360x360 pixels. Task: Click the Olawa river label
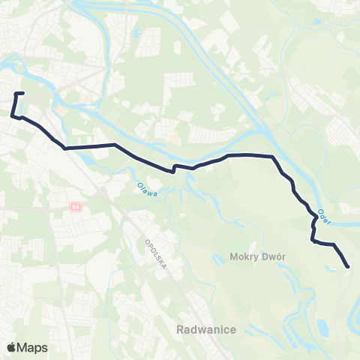147,190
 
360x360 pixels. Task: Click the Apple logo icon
12,347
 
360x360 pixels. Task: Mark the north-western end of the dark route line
24,93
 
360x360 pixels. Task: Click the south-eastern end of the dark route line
348,266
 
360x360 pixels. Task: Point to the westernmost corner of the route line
13,115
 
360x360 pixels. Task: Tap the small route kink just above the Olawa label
174,168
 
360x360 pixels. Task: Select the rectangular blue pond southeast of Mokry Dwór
322,327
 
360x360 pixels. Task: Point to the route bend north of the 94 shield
65,148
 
